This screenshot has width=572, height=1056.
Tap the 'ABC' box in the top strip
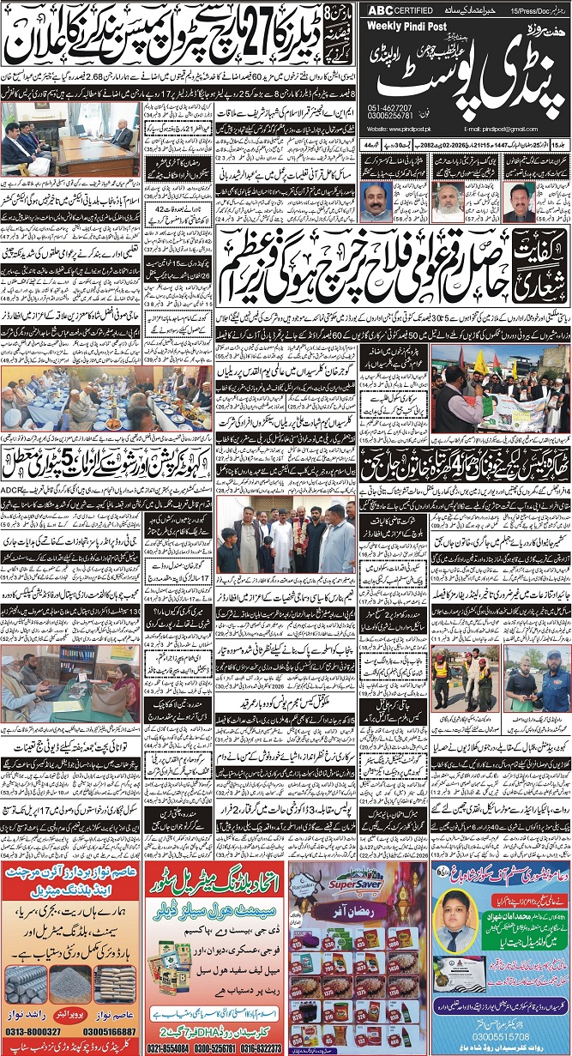point(380,10)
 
